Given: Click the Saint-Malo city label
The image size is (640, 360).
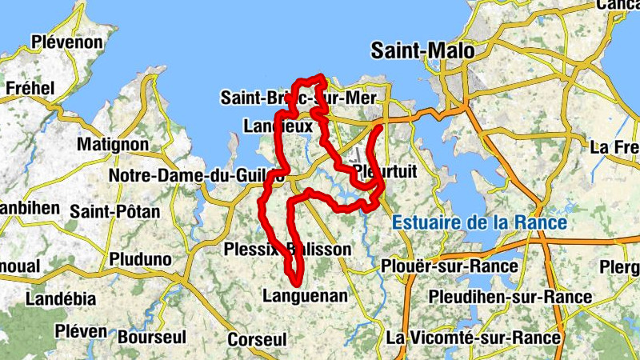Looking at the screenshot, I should click(422, 51).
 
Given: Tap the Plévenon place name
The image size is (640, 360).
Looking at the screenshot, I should click(67, 42).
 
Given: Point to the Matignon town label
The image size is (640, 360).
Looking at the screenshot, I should click(113, 145).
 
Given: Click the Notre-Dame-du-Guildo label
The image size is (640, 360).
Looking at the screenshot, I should click(196, 175).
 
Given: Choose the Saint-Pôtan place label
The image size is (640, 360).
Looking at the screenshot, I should click(115, 212).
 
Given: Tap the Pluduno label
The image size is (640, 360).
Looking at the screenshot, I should click(140, 259).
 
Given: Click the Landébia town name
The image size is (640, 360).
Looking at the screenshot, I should click(61, 298).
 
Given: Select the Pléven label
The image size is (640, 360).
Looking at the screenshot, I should click(81, 330).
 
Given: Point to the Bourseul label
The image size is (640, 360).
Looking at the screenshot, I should click(152, 337).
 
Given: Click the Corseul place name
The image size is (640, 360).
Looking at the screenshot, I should click(257, 340).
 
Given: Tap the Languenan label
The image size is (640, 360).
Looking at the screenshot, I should click(305, 296).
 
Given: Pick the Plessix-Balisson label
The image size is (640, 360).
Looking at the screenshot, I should click(288, 249).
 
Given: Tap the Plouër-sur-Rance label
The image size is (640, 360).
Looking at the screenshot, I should click(443, 265).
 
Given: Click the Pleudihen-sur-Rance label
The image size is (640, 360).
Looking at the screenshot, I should click(510, 298).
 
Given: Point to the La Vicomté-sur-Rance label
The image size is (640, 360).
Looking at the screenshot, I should click(473, 338).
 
